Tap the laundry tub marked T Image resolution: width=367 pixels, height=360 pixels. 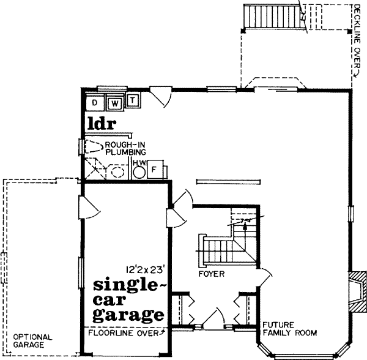134,99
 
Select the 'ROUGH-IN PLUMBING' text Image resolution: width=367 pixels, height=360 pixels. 125,148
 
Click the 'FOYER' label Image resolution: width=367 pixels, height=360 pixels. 211,274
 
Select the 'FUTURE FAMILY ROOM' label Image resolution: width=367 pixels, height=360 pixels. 289,329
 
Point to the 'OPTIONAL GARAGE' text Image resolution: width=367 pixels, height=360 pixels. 32,341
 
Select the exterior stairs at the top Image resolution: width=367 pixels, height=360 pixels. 273,16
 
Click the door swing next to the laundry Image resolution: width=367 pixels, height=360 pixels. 161,96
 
